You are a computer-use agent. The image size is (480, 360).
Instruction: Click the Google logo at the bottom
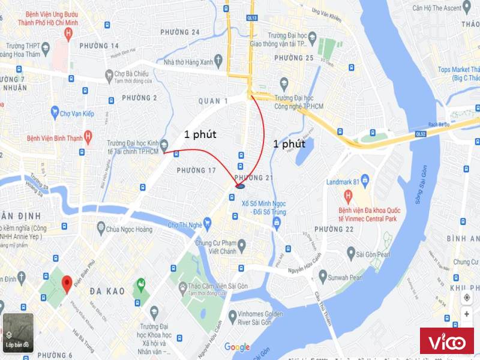[237, 347]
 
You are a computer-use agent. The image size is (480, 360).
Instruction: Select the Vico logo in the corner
[446, 343]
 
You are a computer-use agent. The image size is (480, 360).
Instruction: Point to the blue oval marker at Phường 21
[239, 187]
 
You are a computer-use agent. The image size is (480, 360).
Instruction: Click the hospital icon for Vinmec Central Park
[347, 197]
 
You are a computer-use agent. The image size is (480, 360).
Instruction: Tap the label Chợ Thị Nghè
[183, 225]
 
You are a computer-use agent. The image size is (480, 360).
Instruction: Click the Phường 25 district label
[293, 58]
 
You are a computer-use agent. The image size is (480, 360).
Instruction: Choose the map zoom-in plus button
[467, 314]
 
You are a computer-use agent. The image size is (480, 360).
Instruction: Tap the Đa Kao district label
[107, 291]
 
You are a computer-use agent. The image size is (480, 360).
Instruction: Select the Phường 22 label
[334, 230]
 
